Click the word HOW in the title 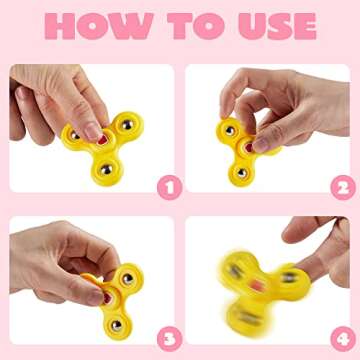pos(99,26)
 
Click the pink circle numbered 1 pos(170,188)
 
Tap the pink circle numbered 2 pos(343,188)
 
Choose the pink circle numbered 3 pos(170,339)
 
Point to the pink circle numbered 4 pos(343,339)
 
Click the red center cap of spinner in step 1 pos(103,141)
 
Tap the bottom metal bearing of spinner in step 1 pos(106,170)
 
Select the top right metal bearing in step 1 pos(127,125)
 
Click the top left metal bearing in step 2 pos(230,131)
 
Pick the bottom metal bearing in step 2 pos(242,173)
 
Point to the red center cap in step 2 pos(249,147)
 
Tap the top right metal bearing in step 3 pos(127,279)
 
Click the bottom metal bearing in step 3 pos(116,325)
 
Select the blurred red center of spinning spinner pos(257,285)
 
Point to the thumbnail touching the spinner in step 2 pos(261,145)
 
